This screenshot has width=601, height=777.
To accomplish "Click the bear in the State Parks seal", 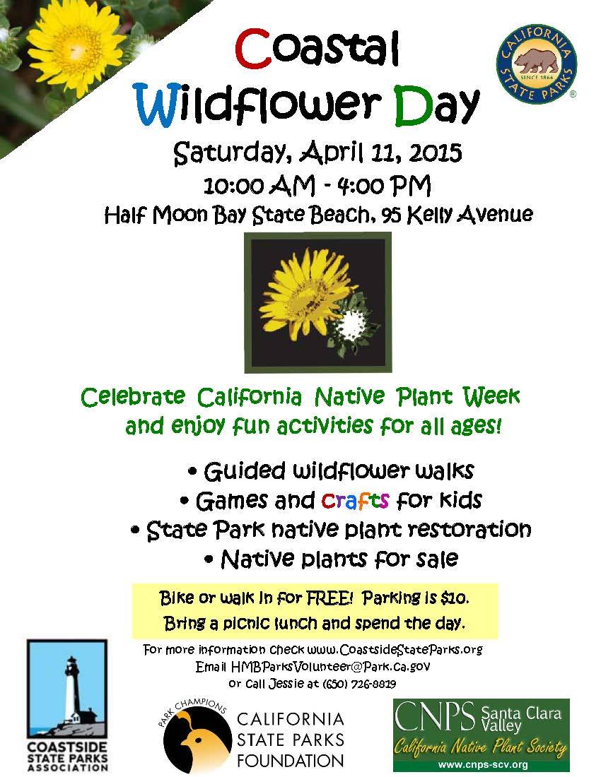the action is click(536, 61).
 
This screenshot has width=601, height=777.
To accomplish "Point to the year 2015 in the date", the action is click(436, 153).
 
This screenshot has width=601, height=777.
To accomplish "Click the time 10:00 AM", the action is click(259, 185).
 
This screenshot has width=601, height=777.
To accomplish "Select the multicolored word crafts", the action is click(355, 500).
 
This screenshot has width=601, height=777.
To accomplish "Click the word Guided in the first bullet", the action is click(245, 470).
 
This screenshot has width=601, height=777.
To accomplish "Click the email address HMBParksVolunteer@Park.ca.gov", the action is click(330, 666).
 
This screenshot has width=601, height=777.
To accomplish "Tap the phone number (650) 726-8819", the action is click(359, 684).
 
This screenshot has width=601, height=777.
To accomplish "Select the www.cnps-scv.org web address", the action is click(482, 764).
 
